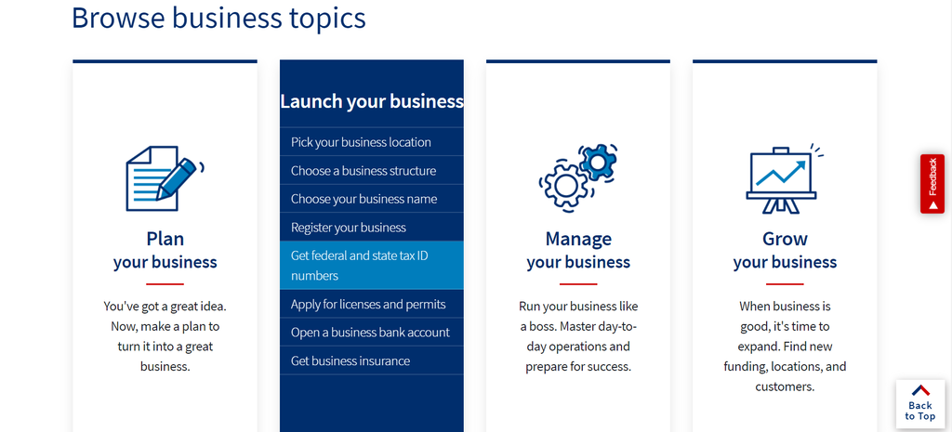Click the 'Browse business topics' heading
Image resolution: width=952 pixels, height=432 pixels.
[x=218, y=18]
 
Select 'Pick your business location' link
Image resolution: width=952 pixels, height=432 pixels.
[x=361, y=142]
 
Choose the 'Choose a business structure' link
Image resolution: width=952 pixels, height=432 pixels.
[x=363, y=171]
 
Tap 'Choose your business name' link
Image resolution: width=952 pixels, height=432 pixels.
[x=364, y=199]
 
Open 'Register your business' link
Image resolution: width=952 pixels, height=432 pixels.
[x=349, y=228]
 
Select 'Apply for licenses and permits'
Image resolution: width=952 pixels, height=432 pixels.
[x=368, y=304]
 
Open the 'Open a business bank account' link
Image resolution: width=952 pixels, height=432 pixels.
[x=370, y=333]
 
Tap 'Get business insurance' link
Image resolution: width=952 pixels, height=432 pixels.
[x=350, y=360]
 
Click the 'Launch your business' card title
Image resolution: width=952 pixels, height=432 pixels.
[x=372, y=101]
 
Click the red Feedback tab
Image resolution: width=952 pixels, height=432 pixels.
[x=932, y=184]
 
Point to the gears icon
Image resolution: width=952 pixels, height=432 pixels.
[x=576, y=177]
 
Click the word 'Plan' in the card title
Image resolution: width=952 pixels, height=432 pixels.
[x=165, y=239]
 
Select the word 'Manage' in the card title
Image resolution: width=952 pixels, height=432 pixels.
[x=578, y=239]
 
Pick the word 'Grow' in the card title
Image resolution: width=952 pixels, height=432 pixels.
[x=785, y=239]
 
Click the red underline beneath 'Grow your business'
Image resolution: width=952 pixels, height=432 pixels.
[x=785, y=283]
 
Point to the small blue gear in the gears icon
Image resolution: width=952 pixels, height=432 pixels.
[x=597, y=162]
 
